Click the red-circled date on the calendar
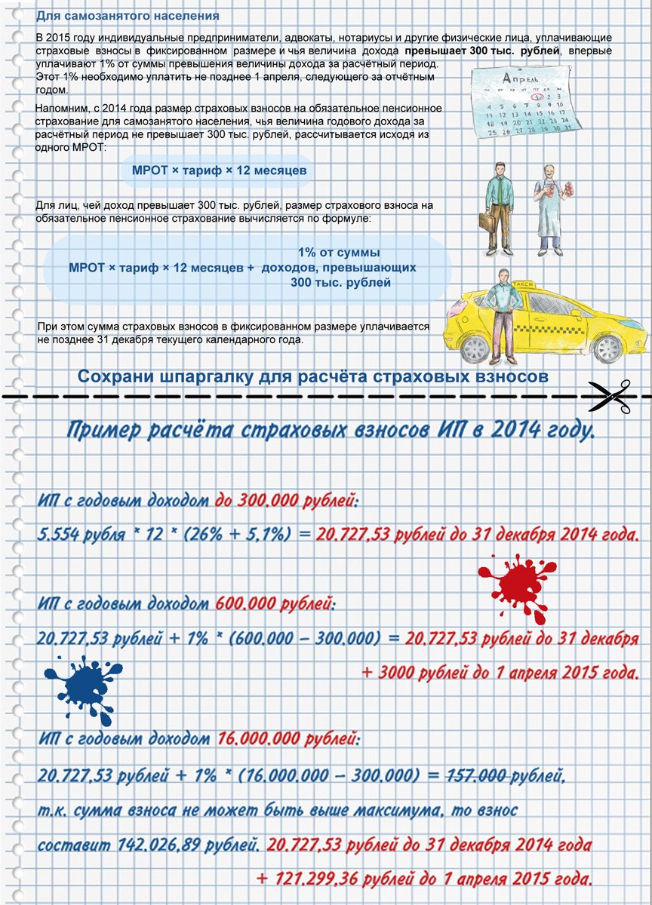[x=537, y=97]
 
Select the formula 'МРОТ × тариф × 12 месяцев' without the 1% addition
[x=220, y=171]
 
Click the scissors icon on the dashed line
[x=609, y=396]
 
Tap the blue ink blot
[x=78, y=686]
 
